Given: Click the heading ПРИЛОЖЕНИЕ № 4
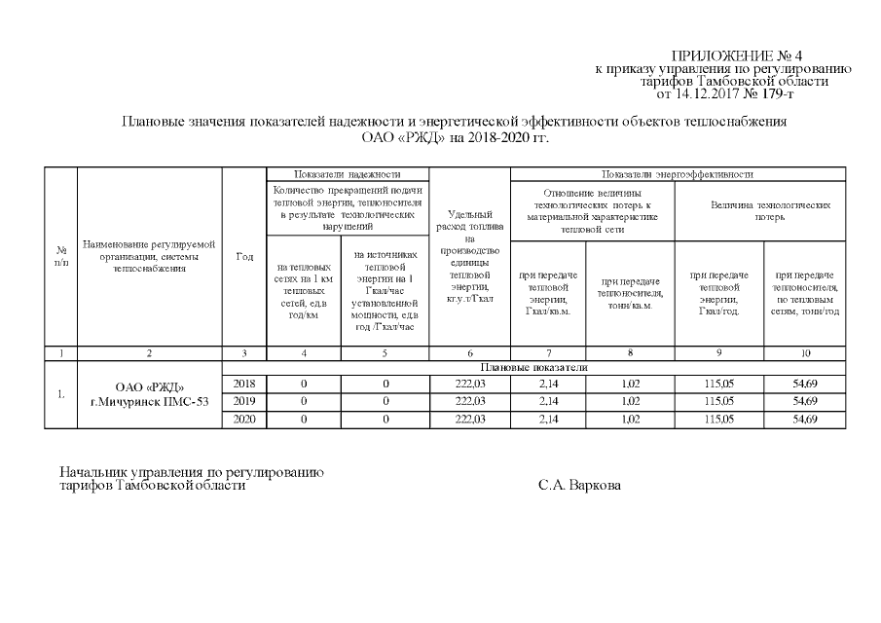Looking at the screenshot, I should point(736,55).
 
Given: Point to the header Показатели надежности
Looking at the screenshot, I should point(347,173).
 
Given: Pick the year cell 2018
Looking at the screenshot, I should point(244,385).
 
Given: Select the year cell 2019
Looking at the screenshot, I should point(244,402).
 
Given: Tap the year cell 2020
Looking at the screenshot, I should point(244,420).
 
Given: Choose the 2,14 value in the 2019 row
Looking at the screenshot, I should point(551,402).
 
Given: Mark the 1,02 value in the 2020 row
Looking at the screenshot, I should point(632,420).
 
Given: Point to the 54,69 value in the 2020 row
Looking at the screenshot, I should point(804,420).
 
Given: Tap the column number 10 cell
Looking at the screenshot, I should point(804,352).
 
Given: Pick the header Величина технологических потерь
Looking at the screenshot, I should point(760,212).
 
